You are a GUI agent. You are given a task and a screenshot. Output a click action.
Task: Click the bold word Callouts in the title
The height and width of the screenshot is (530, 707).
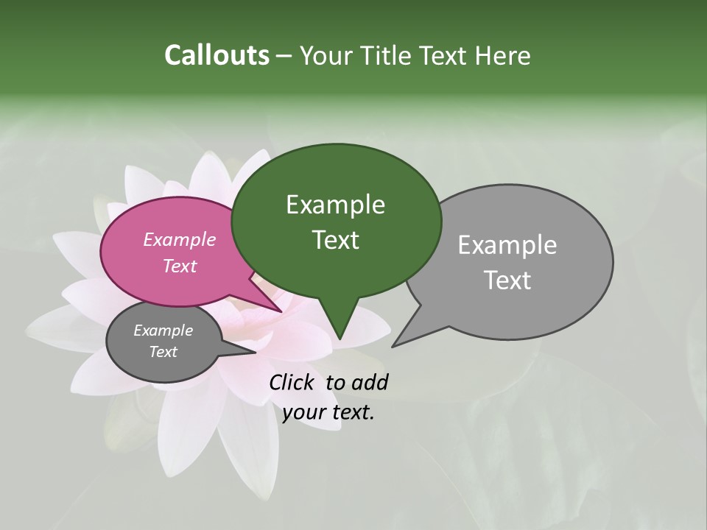click(217, 56)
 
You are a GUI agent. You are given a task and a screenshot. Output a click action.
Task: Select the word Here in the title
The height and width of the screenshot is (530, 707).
click(502, 56)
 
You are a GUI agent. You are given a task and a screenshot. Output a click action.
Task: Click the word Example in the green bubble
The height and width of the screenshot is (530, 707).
click(335, 205)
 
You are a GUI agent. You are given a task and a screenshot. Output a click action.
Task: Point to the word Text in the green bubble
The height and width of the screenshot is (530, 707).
click(335, 240)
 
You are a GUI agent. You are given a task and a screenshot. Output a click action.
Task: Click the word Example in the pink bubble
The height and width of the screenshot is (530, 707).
click(180, 239)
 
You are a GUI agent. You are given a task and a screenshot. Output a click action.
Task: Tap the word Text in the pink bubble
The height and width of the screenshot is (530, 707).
click(180, 266)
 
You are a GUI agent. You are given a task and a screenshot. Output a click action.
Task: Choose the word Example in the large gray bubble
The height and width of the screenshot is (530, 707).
click(507, 245)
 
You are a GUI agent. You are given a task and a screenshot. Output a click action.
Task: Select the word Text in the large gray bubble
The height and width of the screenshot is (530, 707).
click(507, 280)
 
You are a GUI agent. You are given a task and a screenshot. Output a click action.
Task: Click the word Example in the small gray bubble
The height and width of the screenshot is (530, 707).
click(163, 331)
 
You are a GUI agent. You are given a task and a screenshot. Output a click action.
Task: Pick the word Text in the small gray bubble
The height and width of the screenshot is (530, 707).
click(163, 352)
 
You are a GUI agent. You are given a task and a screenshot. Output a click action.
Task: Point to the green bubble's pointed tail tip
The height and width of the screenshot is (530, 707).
click(339, 339)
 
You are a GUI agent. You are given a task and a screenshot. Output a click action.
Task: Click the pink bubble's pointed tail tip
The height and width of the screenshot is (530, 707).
click(281, 311)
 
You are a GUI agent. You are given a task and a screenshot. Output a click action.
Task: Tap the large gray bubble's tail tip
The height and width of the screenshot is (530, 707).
click(393, 346)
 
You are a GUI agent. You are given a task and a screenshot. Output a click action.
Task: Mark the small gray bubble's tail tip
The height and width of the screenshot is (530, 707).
click(256, 353)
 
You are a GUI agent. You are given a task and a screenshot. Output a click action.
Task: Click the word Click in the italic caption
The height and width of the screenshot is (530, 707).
click(292, 383)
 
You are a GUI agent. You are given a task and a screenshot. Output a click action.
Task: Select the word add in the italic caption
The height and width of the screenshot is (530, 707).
click(370, 383)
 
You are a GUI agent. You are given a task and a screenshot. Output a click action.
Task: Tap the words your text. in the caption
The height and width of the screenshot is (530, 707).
click(328, 412)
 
